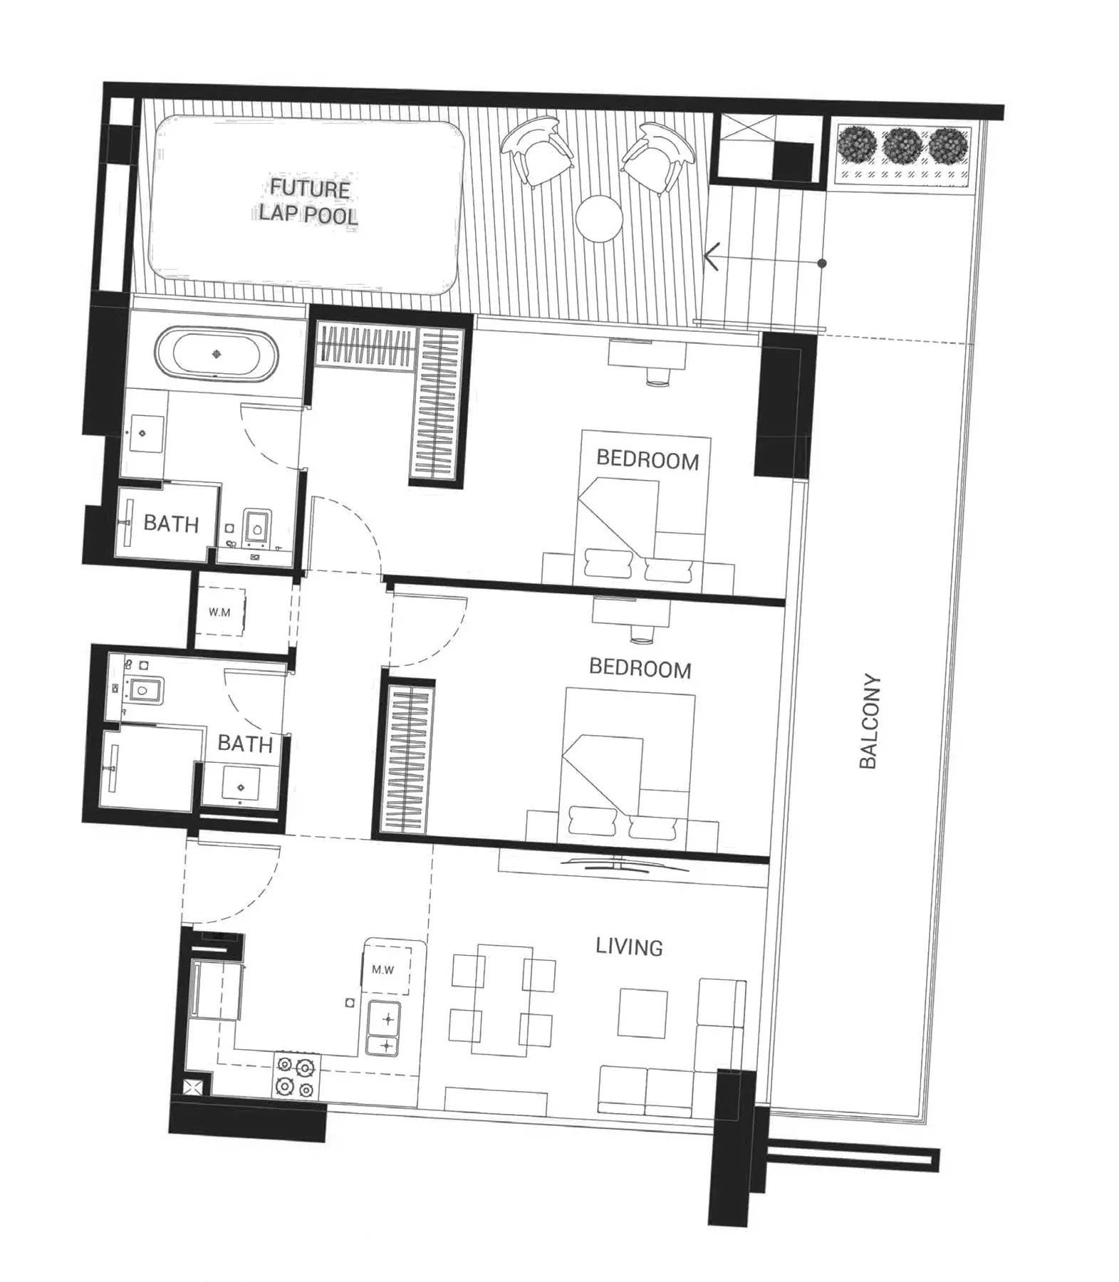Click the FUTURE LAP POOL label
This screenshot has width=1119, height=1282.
308,201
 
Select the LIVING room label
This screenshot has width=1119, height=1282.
629,947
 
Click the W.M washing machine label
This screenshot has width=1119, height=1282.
219,612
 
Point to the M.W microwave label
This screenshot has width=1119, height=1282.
383,969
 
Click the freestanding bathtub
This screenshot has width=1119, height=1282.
217,354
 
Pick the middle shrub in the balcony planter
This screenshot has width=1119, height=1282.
902,147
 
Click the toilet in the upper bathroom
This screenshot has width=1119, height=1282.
256,528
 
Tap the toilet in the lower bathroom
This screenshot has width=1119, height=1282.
145,689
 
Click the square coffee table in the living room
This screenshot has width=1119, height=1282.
642,1012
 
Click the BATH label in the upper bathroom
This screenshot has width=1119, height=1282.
171,523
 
